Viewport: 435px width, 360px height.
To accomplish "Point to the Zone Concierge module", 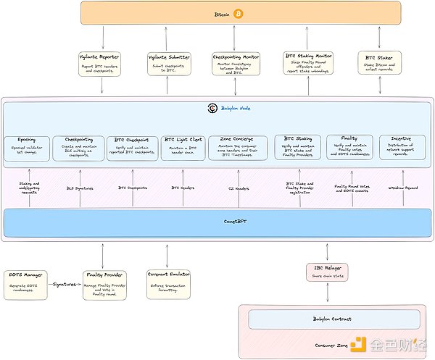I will point(238,145).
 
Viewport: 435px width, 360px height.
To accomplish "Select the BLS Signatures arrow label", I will point(79,188).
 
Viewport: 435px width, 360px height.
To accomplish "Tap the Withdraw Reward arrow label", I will point(402,188).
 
